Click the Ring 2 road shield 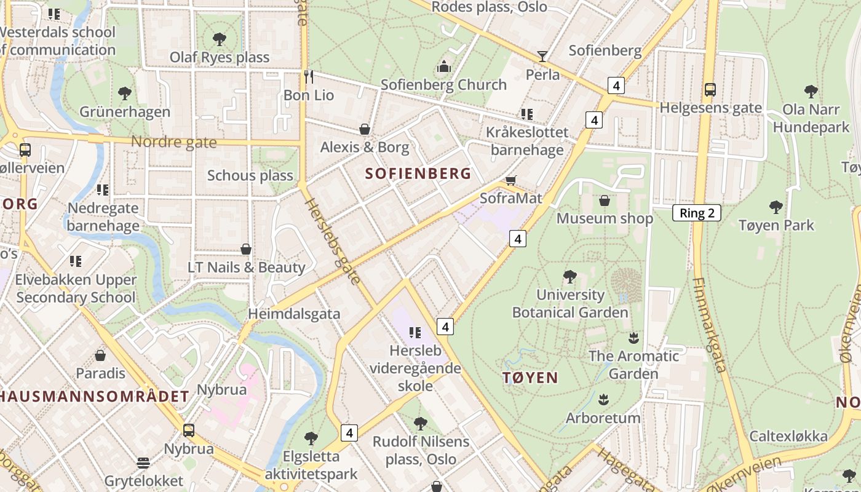tap(696, 213)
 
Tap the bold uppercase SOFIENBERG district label tap(418, 173)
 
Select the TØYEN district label tap(530, 378)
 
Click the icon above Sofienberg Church tap(443, 66)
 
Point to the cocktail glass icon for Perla tap(542, 57)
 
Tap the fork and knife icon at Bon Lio tap(309, 76)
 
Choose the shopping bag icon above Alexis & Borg tap(365, 129)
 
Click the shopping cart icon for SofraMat tap(510, 180)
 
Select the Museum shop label tap(605, 218)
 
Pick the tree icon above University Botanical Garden tap(570, 277)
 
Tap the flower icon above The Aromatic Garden tap(633, 338)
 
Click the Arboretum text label tap(603, 418)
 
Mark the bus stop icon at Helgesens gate tap(710, 90)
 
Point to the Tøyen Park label tap(776, 225)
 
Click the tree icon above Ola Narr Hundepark tap(811, 92)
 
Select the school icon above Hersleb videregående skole tap(415, 333)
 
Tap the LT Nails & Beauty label tap(246, 268)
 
